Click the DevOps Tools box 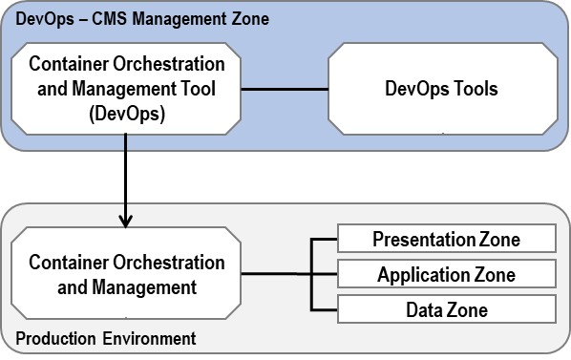[x=440, y=90]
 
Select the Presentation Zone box [x=446, y=238]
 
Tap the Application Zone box [x=446, y=274]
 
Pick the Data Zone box [x=446, y=309]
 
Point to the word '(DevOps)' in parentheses [x=127, y=114]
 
